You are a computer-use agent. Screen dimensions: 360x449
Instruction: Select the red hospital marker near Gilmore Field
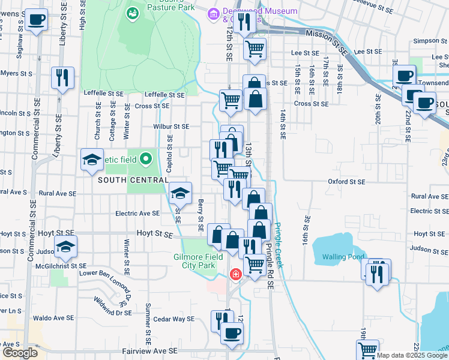[x=237, y=274]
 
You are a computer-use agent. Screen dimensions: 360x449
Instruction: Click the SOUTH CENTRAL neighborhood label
[x=124, y=180]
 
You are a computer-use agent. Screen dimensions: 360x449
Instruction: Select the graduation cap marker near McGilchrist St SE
[x=65, y=246]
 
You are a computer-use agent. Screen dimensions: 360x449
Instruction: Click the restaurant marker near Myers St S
[x=62, y=77]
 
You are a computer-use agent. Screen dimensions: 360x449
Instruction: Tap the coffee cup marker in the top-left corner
[x=37, y=20]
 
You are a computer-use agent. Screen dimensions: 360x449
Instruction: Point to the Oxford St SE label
[x=346, y=181]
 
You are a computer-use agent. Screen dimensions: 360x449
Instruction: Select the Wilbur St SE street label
[x=171, y=127]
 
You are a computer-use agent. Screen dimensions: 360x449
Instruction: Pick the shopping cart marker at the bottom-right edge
[x=367, y=349]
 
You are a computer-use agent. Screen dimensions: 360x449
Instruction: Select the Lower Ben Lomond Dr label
[x=106, y=281]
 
